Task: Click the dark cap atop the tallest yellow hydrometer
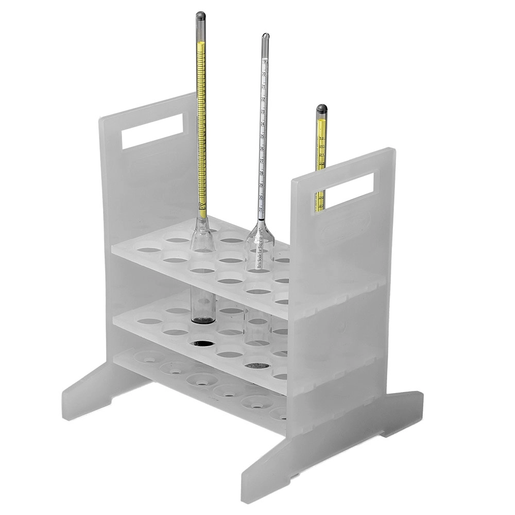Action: point(200,15)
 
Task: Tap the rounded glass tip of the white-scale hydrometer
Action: point(265,37)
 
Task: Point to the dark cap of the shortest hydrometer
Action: point(322,109)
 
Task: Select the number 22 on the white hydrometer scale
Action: point(264,99)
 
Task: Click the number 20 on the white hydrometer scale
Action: point(264,74)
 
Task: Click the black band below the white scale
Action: point(262,218)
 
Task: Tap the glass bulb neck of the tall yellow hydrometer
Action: point(202,227)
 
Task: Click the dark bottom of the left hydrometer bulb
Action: point(203,320)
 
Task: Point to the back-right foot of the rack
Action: point(407,407)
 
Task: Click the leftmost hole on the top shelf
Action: point(149,250)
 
